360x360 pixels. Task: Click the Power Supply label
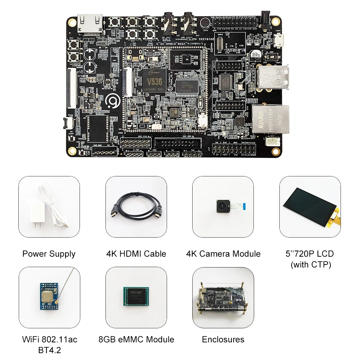(49, 254)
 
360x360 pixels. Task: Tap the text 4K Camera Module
(223, 254)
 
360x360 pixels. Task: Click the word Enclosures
(223, 339)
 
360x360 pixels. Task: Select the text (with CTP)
(310, 265)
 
